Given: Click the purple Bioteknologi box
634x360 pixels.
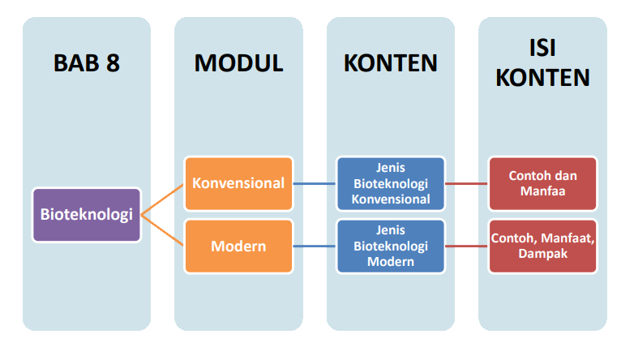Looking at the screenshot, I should point(87,215).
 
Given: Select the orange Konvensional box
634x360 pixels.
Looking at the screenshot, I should point(238,183).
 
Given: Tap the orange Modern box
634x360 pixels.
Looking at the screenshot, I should point(238,246).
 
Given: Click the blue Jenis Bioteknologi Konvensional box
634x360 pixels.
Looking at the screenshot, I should point(391,183).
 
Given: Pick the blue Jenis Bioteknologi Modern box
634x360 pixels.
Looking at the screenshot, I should point(391,246).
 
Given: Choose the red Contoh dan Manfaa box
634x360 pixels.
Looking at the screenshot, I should point(542,183).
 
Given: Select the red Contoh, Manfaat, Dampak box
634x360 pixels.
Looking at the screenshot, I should point(542,246).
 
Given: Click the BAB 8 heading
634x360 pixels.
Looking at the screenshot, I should point(87,63).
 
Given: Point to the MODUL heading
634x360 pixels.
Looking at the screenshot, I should point(238,63).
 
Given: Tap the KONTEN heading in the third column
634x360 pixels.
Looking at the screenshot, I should point(391,63).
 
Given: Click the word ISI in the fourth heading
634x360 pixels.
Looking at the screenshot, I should point(542,47).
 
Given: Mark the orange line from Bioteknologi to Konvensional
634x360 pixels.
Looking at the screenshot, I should point(163,199).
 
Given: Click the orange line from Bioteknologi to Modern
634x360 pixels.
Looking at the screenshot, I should point(163,229).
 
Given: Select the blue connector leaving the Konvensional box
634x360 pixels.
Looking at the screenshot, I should point(315,183).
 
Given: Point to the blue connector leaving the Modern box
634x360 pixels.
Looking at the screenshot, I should point(315,246).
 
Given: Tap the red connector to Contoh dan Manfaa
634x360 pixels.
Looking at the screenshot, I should point(466,183).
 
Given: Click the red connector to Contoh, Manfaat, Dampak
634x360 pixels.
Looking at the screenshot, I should point(466,246).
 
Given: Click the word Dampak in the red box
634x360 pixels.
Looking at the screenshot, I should point(542,254).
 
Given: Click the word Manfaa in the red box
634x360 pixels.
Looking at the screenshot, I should point(542,192).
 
